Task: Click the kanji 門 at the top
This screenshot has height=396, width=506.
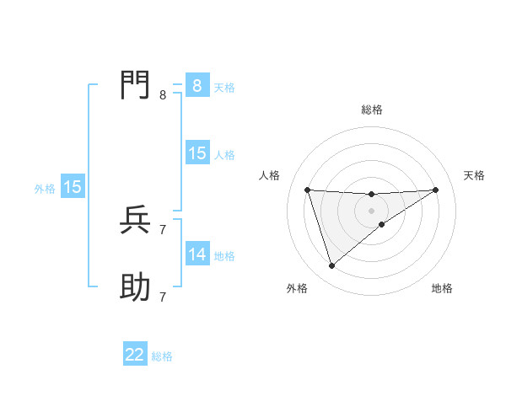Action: click(x=135, y=85)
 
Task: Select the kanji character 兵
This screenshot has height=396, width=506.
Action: click(x=135, y=220)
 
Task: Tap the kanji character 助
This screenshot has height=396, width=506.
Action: click(x=135, y=288)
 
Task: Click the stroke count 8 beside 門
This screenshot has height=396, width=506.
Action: click(x=163, y=95)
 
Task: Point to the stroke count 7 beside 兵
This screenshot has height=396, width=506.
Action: click(x=163, y=229)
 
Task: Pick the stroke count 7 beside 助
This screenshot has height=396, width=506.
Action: click(x=163, y=297)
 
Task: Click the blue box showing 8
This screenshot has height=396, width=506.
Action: click(x=197, y=86)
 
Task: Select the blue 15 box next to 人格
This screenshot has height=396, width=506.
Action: click(x=197, y=153)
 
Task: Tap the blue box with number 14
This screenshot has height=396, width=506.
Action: click(x=197, y=254)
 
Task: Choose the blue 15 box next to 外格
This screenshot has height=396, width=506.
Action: click(x=73, y=187)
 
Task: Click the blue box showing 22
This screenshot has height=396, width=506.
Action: click(x=135, y=355)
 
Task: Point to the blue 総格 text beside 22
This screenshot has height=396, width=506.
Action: click(x=162, y=356)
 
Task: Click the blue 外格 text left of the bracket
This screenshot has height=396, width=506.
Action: click(x=45, y=189)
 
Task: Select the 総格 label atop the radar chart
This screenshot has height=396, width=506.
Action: click(x=371, y=110)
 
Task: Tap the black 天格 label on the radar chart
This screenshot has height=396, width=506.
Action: click(x=475, y=175)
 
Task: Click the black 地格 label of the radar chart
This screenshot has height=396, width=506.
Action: click(x=442, y=289)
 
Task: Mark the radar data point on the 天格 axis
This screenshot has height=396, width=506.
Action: click(x=435, y=190)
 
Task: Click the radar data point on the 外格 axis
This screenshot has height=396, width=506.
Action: click(x=331, y=266)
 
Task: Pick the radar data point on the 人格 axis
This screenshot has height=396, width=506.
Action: click(x=307, y=190)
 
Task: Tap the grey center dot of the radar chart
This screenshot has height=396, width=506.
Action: click(x=371, y=211)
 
